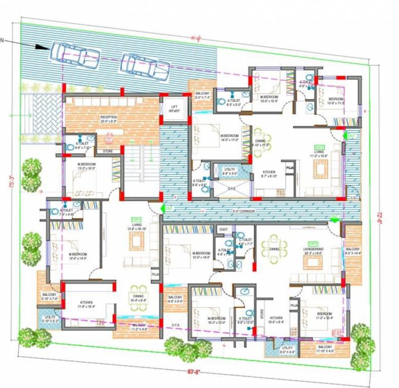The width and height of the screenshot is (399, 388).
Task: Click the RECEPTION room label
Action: pyautogui.click(x=109, y=119)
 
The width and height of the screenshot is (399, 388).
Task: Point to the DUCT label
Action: pyautogui.click(x=223, y=229)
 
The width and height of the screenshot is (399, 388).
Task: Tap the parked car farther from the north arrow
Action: pyautogui.click(x=146, y=68)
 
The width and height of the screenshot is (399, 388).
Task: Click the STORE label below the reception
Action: pyautogui.click(x=108, y=151)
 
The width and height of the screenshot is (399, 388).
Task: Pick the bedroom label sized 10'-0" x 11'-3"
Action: pyautogui.click(x=336, y=101)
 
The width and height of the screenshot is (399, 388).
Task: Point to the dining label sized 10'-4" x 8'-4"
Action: pyautogui.click(x=138, y=298)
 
